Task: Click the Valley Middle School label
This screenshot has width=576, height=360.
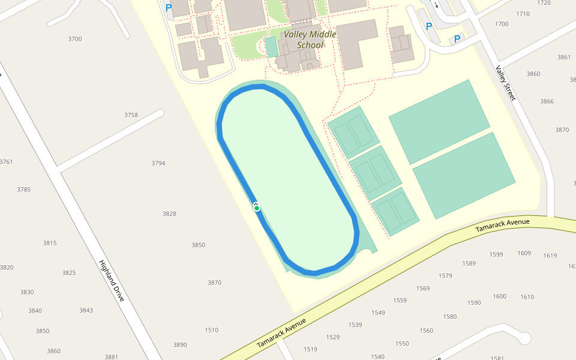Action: (310, 39)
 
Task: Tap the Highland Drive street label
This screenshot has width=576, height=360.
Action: (112, 281)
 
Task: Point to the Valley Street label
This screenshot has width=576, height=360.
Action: (505, 83)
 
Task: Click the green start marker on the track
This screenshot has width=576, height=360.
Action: (257, 208)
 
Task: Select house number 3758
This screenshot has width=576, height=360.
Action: (131, 115)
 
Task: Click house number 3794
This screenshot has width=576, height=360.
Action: (158, 163)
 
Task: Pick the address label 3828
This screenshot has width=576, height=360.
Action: (169, 214)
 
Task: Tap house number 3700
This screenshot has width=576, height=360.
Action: (75, 39)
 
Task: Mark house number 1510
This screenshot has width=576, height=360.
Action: (212, 330)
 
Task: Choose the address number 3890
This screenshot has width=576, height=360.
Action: (180, 345)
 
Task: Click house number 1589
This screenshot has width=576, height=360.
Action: (469, 263)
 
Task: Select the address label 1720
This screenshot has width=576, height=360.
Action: (544, 3)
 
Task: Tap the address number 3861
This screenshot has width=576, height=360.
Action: (564, 58)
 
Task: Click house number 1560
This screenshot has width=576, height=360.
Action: (427, 331)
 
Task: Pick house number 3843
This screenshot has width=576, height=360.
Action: (86, 310)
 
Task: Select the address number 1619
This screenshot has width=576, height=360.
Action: (550, 256)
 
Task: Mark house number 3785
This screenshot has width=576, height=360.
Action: (24, 190)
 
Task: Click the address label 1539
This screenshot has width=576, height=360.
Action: (355, 325)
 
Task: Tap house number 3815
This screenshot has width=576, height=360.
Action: (50, 243)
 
